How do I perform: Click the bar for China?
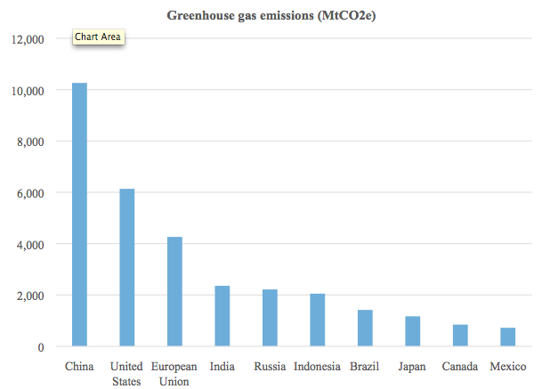pos(79,214)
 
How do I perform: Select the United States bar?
pos(126,267)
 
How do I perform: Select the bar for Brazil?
pos(365,328)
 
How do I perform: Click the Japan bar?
pos(413,331)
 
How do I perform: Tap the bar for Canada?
pos(460,336)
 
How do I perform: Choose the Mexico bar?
pos(508,337)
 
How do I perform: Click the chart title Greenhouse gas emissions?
pos(271,16)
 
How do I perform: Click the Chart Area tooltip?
pos(98,37)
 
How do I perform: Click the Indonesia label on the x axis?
pos(318,367)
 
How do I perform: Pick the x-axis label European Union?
pos(174,374)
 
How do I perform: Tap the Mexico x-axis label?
pos(508,367)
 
